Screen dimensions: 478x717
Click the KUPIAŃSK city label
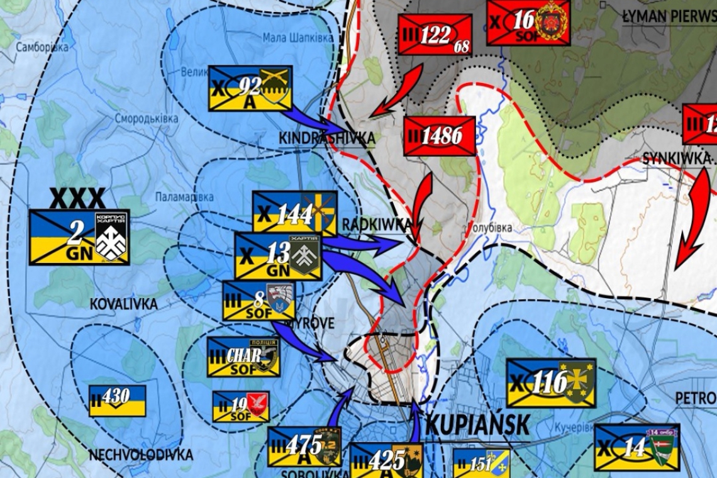pyautogui.click(x=477, y=425)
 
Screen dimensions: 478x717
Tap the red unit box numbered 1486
pyautogui.click(x=440, y=136)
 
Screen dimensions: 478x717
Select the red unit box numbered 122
pyautogui.click(x=435, y=35)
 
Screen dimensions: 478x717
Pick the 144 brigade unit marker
pyautogui.click(x=294, y=213)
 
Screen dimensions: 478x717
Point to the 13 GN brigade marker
pyautogui.click(x=278, y=256)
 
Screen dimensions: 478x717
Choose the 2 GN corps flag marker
pyautogui.click(x=79, y=236)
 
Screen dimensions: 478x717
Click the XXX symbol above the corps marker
pyautogui.click(x=77, y=199)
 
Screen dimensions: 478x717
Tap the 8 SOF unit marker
pyautogui.click(x=259, y=300)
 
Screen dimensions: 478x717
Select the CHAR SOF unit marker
pyautogui.click(x=243, y=357)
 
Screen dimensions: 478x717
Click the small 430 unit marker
pyautogui.click(x=117, y=400)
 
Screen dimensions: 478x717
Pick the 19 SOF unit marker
pyautogui.click(x=241, y=406)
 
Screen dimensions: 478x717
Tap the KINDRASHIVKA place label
pyautogui.click(x=327, y=138)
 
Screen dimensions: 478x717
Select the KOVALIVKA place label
pyautogui.click(x=123, y=304)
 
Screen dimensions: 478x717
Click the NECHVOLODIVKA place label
pyautogui.click(x=140, y=455)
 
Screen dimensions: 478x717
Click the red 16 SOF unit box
pyautogui.click(x=528, y=23)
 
